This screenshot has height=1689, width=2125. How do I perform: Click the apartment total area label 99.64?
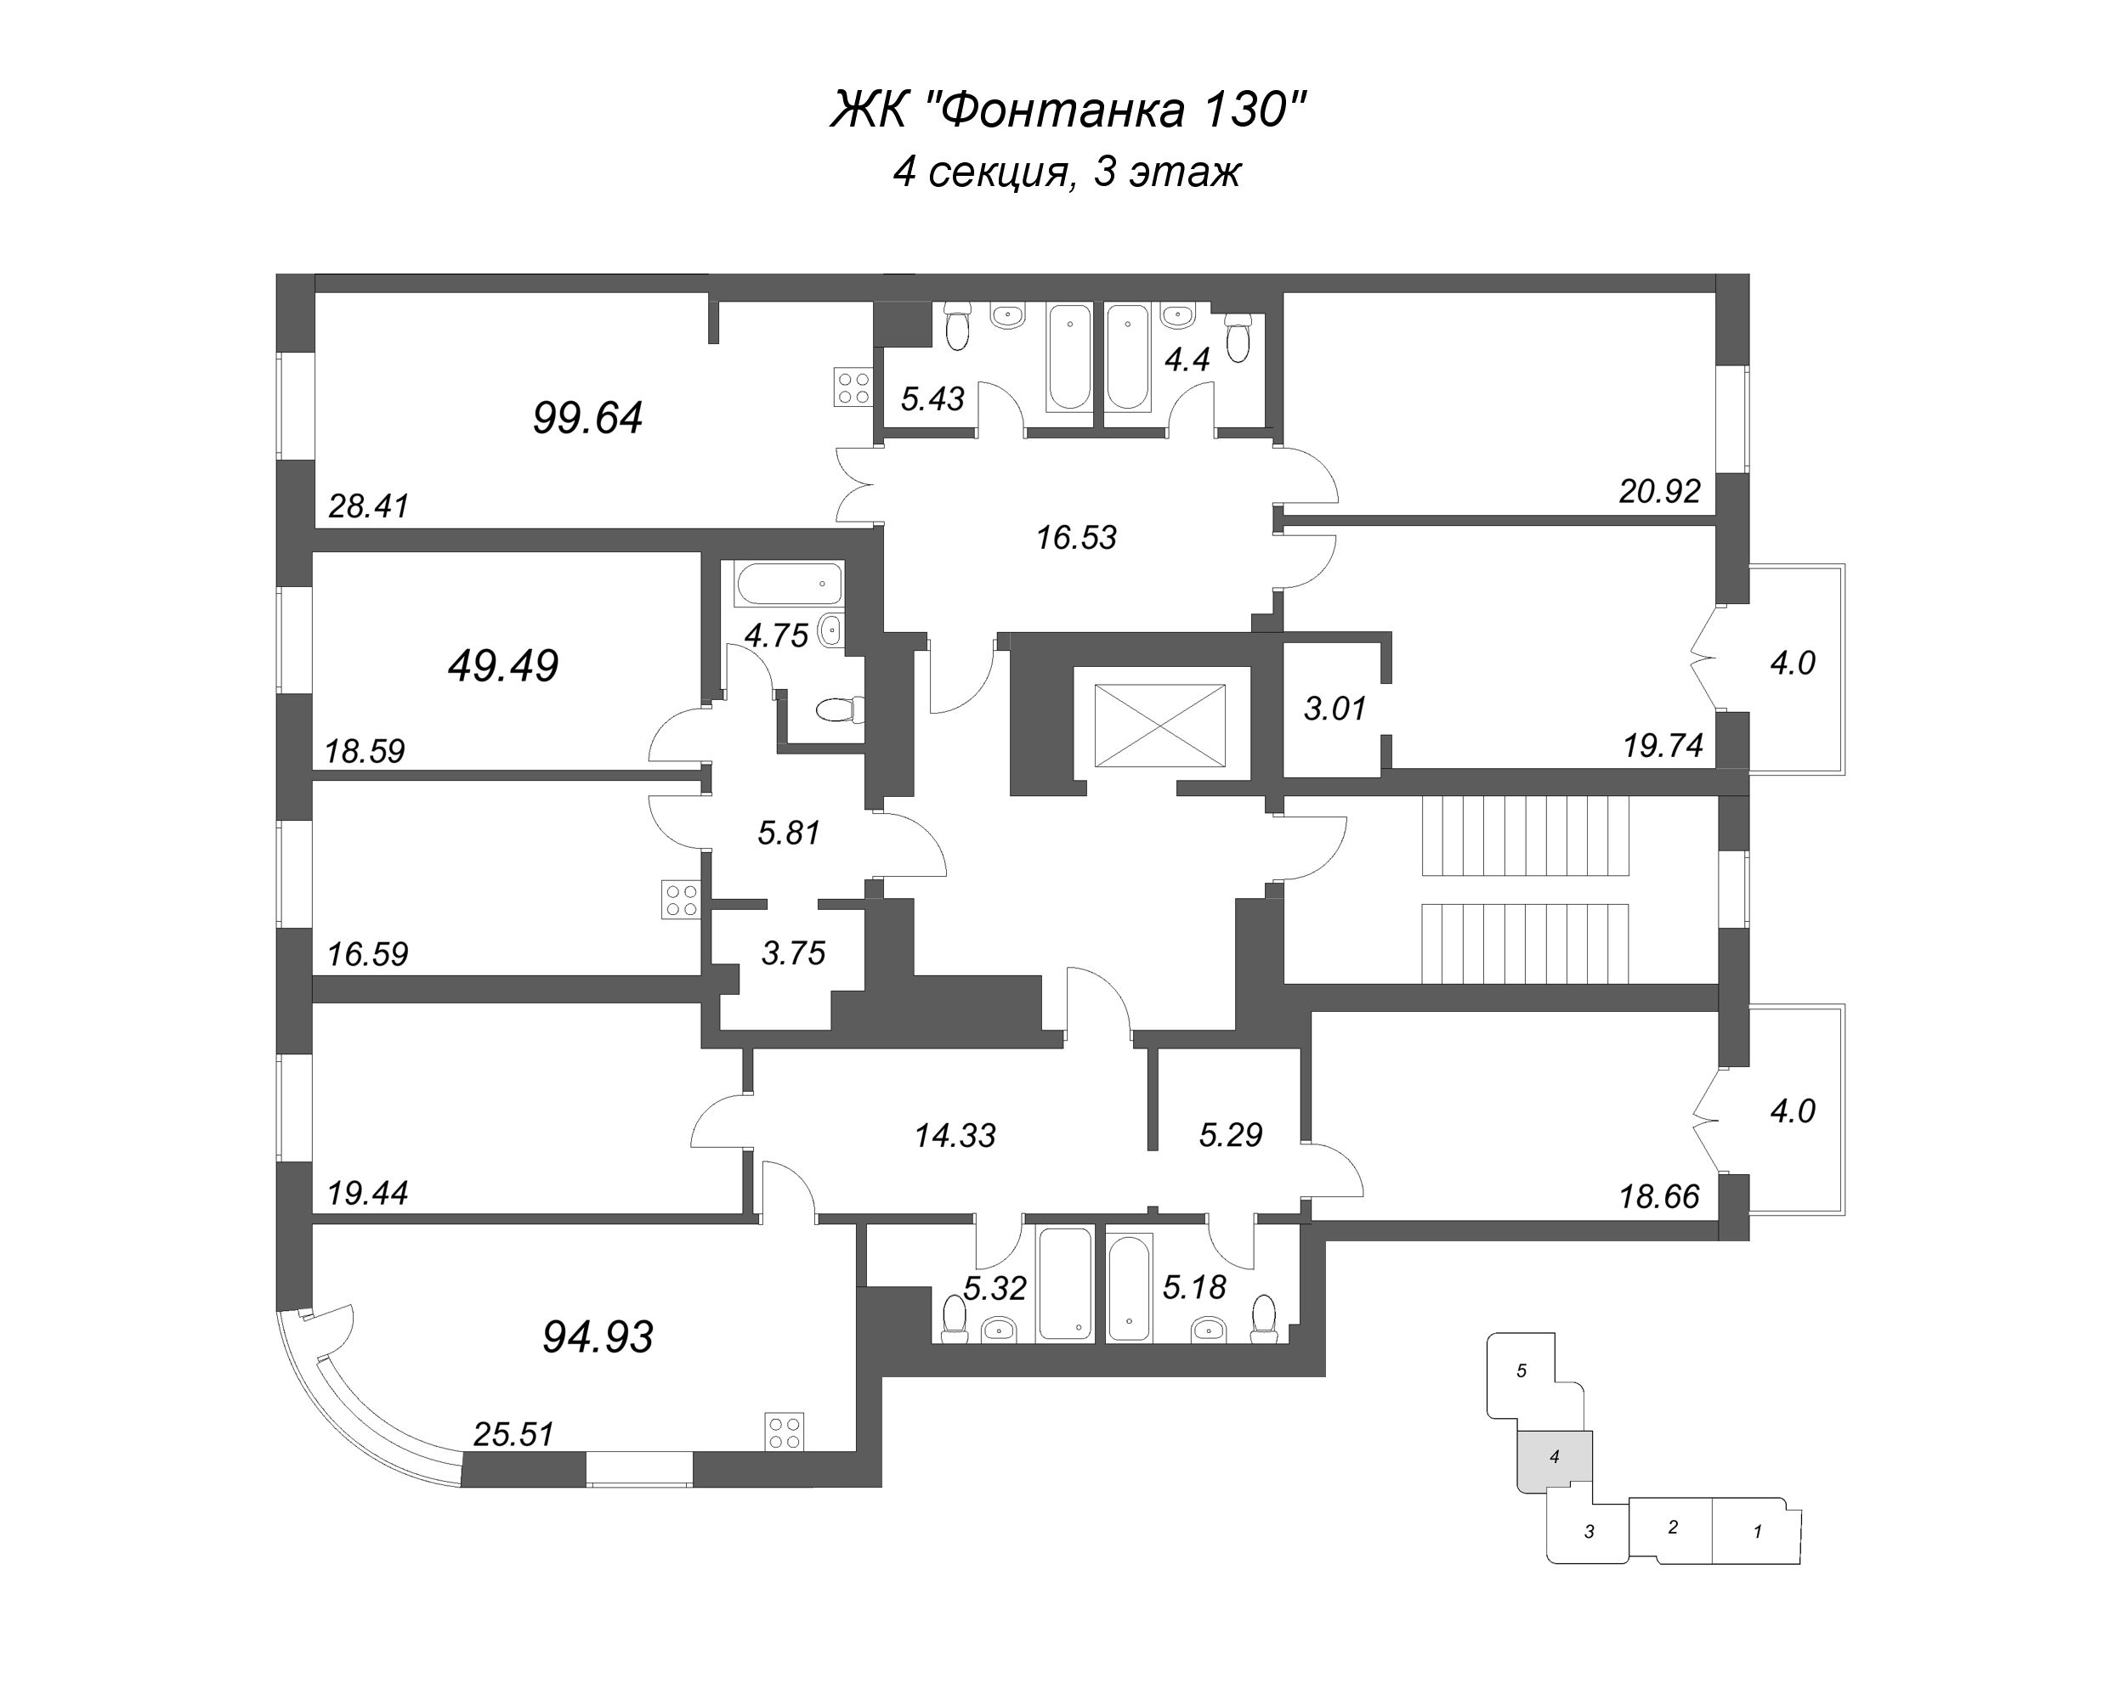587,418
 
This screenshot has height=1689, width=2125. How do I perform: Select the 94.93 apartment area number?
598,1337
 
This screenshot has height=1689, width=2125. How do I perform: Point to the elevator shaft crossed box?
1160,726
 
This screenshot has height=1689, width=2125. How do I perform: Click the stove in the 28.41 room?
853,387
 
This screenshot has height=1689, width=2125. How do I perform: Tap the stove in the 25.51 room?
785,1431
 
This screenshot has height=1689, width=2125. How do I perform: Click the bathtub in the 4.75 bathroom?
789,584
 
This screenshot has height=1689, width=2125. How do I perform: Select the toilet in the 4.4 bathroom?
1238,337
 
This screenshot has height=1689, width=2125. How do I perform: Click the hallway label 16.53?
1076,538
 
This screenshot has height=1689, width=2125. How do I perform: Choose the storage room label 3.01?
1335,708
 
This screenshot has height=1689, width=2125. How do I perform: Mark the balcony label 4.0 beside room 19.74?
1792,664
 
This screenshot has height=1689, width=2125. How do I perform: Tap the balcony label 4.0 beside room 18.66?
1792,1110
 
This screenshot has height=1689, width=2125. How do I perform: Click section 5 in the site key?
1521,1370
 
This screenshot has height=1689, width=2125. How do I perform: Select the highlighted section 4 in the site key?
1555,1456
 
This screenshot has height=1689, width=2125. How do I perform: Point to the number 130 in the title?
1246,110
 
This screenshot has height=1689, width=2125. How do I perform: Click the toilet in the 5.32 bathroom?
954,1319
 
